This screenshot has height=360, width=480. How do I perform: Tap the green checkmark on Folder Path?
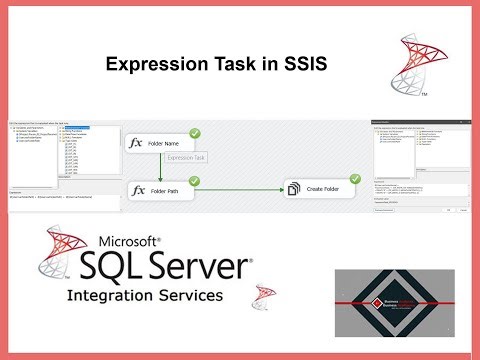coord(195,179)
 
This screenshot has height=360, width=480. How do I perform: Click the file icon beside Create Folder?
coord(293,188)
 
